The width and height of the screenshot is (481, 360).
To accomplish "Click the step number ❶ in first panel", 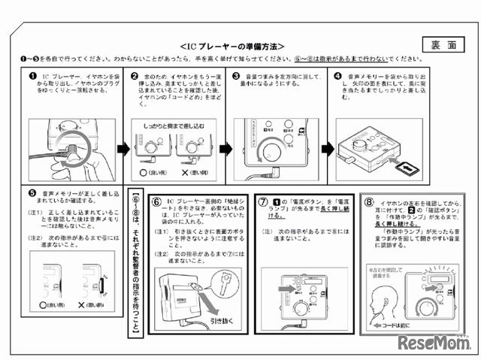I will pos(33,76).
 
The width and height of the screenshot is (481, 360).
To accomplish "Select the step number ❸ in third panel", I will pos(236,76).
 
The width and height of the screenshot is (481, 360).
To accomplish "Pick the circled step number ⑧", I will pos(368,201).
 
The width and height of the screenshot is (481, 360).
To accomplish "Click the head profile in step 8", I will pos(393,289).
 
